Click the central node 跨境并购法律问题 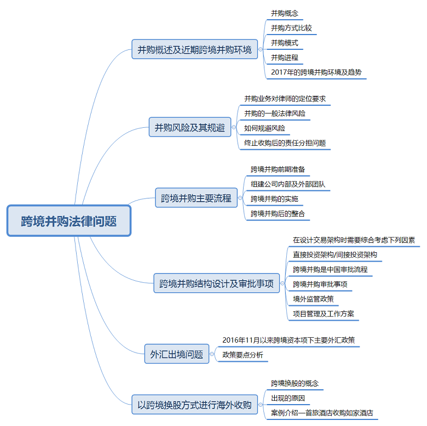point(69,221)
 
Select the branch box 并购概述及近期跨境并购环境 point(194,50)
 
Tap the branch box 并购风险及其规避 point(190,128)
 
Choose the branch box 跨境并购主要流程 point(197,198)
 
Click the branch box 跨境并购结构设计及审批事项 point(216,283)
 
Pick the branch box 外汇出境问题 point(176,354)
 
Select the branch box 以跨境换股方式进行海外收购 point(194,405)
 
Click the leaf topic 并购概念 point(285,13)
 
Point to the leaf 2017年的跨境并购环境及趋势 point(316,72)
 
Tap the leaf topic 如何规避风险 point(264,128)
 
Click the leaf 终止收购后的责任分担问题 point(285,143)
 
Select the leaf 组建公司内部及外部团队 point(287,184)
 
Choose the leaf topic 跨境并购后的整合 point(278,213)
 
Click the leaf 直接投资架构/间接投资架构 point(334,255)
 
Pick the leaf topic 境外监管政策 point(313,299)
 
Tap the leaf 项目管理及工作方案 point(323,314)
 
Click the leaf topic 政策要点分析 point(243,355)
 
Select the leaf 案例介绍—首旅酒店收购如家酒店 point(322,413)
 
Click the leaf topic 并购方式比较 point(291,28)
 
